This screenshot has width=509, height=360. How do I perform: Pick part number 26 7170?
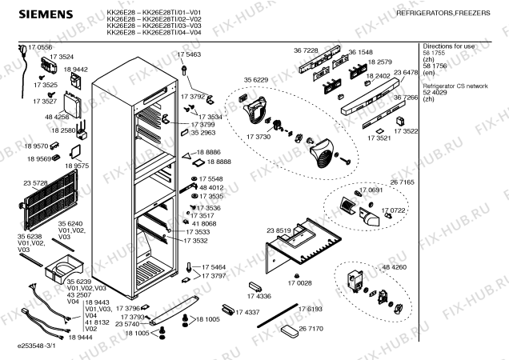[311, 329]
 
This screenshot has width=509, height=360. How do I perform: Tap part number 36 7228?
[306, 50]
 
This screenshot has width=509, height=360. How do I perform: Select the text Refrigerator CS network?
[455, 85]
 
